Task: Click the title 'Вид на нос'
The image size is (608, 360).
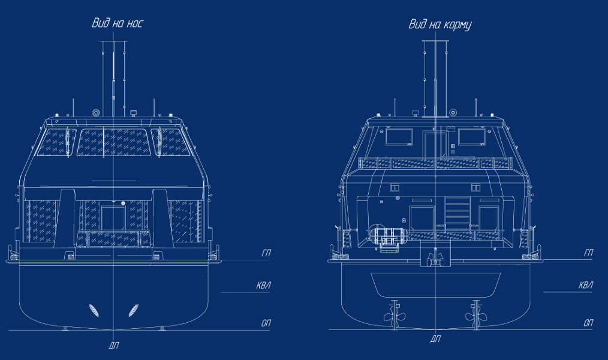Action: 117,23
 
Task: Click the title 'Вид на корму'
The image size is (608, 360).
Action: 440,25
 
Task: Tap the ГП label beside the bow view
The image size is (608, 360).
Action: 266,253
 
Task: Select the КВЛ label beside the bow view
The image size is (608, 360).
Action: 264,286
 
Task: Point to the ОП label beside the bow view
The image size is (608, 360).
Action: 266,323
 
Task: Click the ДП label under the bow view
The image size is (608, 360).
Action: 113,345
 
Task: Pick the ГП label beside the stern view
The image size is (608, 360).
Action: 589,253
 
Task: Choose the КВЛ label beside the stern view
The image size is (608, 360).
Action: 586,286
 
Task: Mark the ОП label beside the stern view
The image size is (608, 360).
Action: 588,323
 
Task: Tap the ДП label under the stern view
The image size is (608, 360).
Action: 435,338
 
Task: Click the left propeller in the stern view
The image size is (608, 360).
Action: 395,316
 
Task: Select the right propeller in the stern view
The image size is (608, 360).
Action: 476,316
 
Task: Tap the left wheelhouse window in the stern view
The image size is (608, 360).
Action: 399,137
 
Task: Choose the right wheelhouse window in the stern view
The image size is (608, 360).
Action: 471,137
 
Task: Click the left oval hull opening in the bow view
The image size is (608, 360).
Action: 94,310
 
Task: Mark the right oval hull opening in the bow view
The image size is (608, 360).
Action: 133,310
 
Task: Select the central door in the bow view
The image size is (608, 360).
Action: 113,218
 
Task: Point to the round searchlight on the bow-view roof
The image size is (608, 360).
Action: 96,113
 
